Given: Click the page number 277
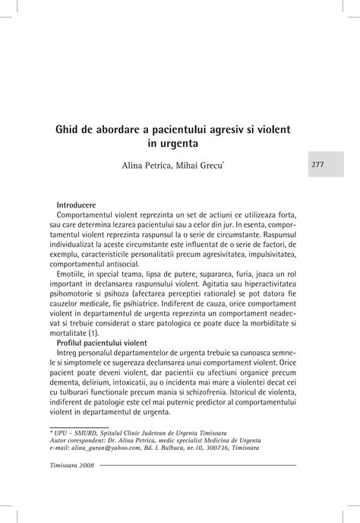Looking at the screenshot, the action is [317, 164].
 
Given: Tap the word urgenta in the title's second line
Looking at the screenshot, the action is [176, 143].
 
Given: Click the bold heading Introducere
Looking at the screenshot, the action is [76, 205].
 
